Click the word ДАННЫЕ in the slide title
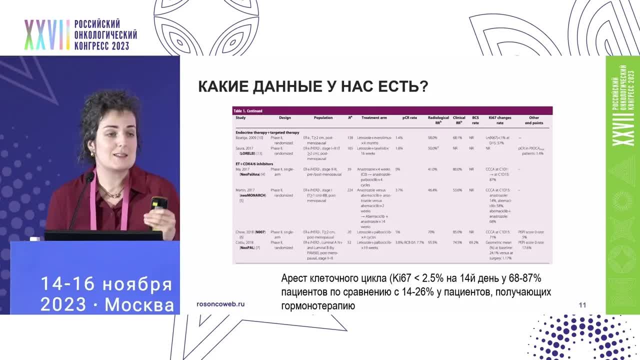click(x=287, y=86)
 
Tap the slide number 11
click(x=582, y=305)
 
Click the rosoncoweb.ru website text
click(x=220, y=304)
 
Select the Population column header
click(x=323, y=118)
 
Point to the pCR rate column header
click(x=409, y=118)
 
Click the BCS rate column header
click(x=475, y=120)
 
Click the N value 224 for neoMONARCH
click(x=350, y=190)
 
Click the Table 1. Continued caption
click(x=248, y=110)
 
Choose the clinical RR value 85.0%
click(x=457, y=232)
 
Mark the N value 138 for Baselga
click(x=350, y=137)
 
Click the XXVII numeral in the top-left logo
click(x=47, y=35)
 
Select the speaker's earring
click(x=92, y=152)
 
